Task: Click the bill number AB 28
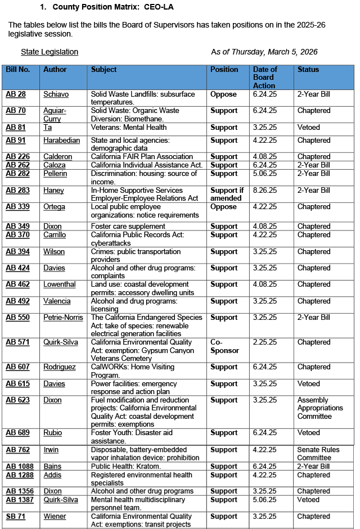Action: click(15, 94)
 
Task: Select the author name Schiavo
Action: click(56, 94)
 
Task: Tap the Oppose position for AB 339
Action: click(223, 207)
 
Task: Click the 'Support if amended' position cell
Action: click(225, 194)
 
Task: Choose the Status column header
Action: click(308, 70)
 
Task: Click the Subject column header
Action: click(104, 70)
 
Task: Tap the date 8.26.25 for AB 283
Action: click(265, 191)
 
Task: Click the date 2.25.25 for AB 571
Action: click(265, 342)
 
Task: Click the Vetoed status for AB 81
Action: click(309, 128)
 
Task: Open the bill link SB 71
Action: click(15, 517)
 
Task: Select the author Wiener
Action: click(55, 517)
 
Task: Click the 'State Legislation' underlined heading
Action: click(49, 52)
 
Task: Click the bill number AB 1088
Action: click(19, 467)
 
